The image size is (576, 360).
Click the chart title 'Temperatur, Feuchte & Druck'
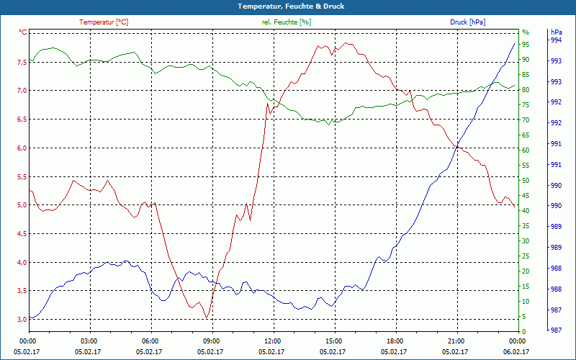click(x=287, y=6)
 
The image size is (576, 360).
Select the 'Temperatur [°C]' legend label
click(x=104, y=22)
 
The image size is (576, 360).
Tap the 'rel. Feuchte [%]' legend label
click(x=287, y=22)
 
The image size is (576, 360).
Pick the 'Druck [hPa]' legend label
click(x=468, y=22)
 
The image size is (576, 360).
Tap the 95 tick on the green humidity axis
click(x=526, y=44)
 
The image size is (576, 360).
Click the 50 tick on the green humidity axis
click(x=526, y=180)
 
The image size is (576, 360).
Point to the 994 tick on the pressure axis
click(x=556, y=41)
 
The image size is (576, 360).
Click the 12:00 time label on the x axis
click(x=272, y=341)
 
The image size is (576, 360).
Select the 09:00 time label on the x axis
click(x=211, y=341)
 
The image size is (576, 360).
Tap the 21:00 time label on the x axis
click(x=456, y=341)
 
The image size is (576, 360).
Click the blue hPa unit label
click(x=556, y=32)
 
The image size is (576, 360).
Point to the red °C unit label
click(x=23, y=32)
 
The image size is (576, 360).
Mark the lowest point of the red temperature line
click(x=207, y=318)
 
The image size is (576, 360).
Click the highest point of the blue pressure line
click(x=515, y=43)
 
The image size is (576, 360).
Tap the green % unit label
click(x=526, y=32)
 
